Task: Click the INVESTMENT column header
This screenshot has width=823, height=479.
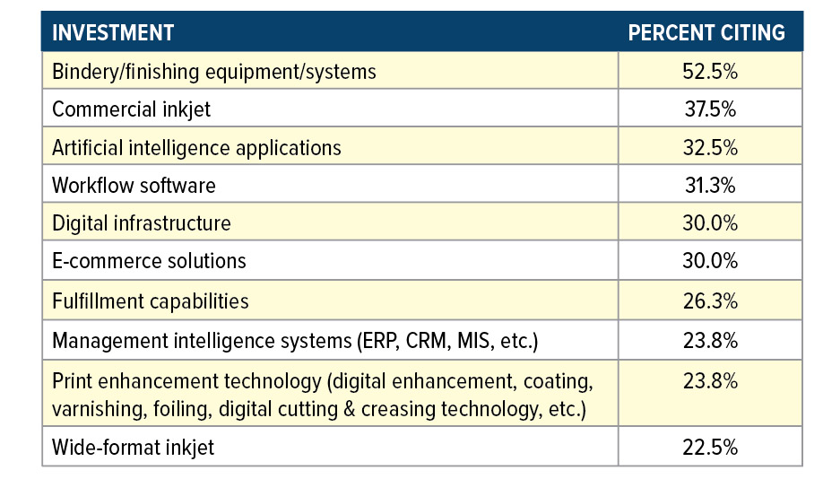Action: (112, 33)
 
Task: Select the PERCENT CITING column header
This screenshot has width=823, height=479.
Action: (706, 33)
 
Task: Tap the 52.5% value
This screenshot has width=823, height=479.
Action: (709, 72)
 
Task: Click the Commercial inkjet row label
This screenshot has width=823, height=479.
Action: (132, 109)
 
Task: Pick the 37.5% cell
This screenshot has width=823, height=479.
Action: (709, 109)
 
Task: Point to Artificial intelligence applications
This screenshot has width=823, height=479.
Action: (196, 147)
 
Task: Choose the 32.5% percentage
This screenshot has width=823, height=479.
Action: (709, 147)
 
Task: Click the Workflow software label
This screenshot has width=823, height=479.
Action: (134, 186)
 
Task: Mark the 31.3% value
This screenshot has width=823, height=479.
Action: (709, 186)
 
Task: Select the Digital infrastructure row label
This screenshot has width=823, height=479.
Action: (141, 223)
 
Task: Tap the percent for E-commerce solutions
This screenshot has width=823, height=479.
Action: (709, 261)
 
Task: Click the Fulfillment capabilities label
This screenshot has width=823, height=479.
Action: (150, 300)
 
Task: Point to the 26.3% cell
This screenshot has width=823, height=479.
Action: (709, 300)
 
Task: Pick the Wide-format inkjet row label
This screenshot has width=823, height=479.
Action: (133, 447)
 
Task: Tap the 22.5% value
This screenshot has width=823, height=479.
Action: (709, 447)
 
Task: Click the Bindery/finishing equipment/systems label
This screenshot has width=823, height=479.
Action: (214, 72)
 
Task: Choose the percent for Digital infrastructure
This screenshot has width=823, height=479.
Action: (709, 223)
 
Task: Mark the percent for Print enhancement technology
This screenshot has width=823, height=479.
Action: (709, 380)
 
